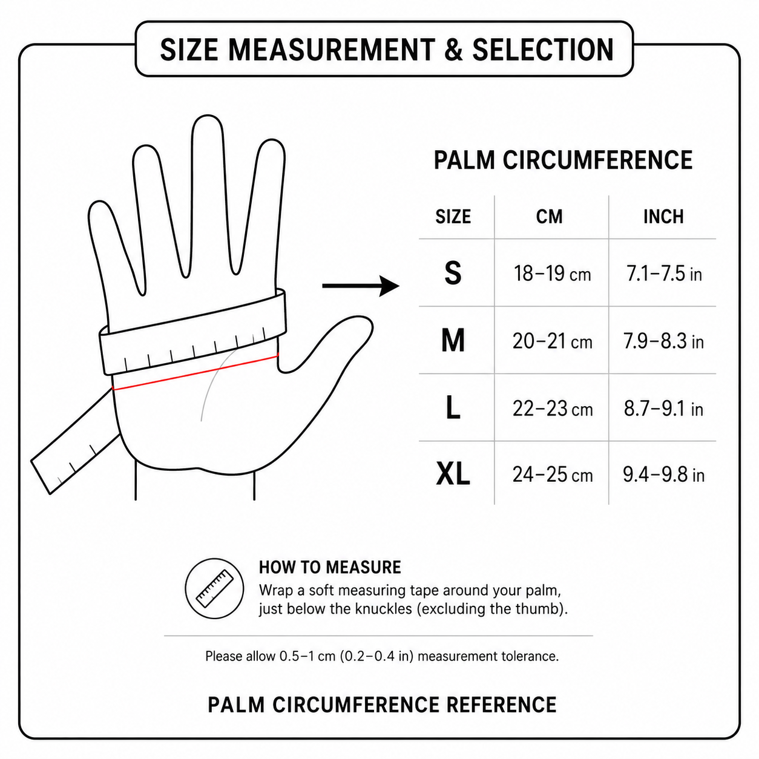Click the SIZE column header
coord(453,217)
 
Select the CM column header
coord(550,217)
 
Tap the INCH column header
coord(663,217)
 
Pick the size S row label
coord(453,274)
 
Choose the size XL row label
coord(453,474)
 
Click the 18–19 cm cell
coord(552,274)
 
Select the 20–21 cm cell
coord(552,341)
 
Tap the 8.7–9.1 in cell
coord(663,409)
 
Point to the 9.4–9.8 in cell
coord(663,475)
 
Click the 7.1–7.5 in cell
coord(664,274)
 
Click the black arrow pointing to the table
coord(360,286)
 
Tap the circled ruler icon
coord(214,588)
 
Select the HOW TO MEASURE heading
coord(330,567)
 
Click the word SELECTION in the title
coord(543,50)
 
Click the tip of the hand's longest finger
coord(207,116)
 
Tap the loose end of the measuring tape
coord(41,476)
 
